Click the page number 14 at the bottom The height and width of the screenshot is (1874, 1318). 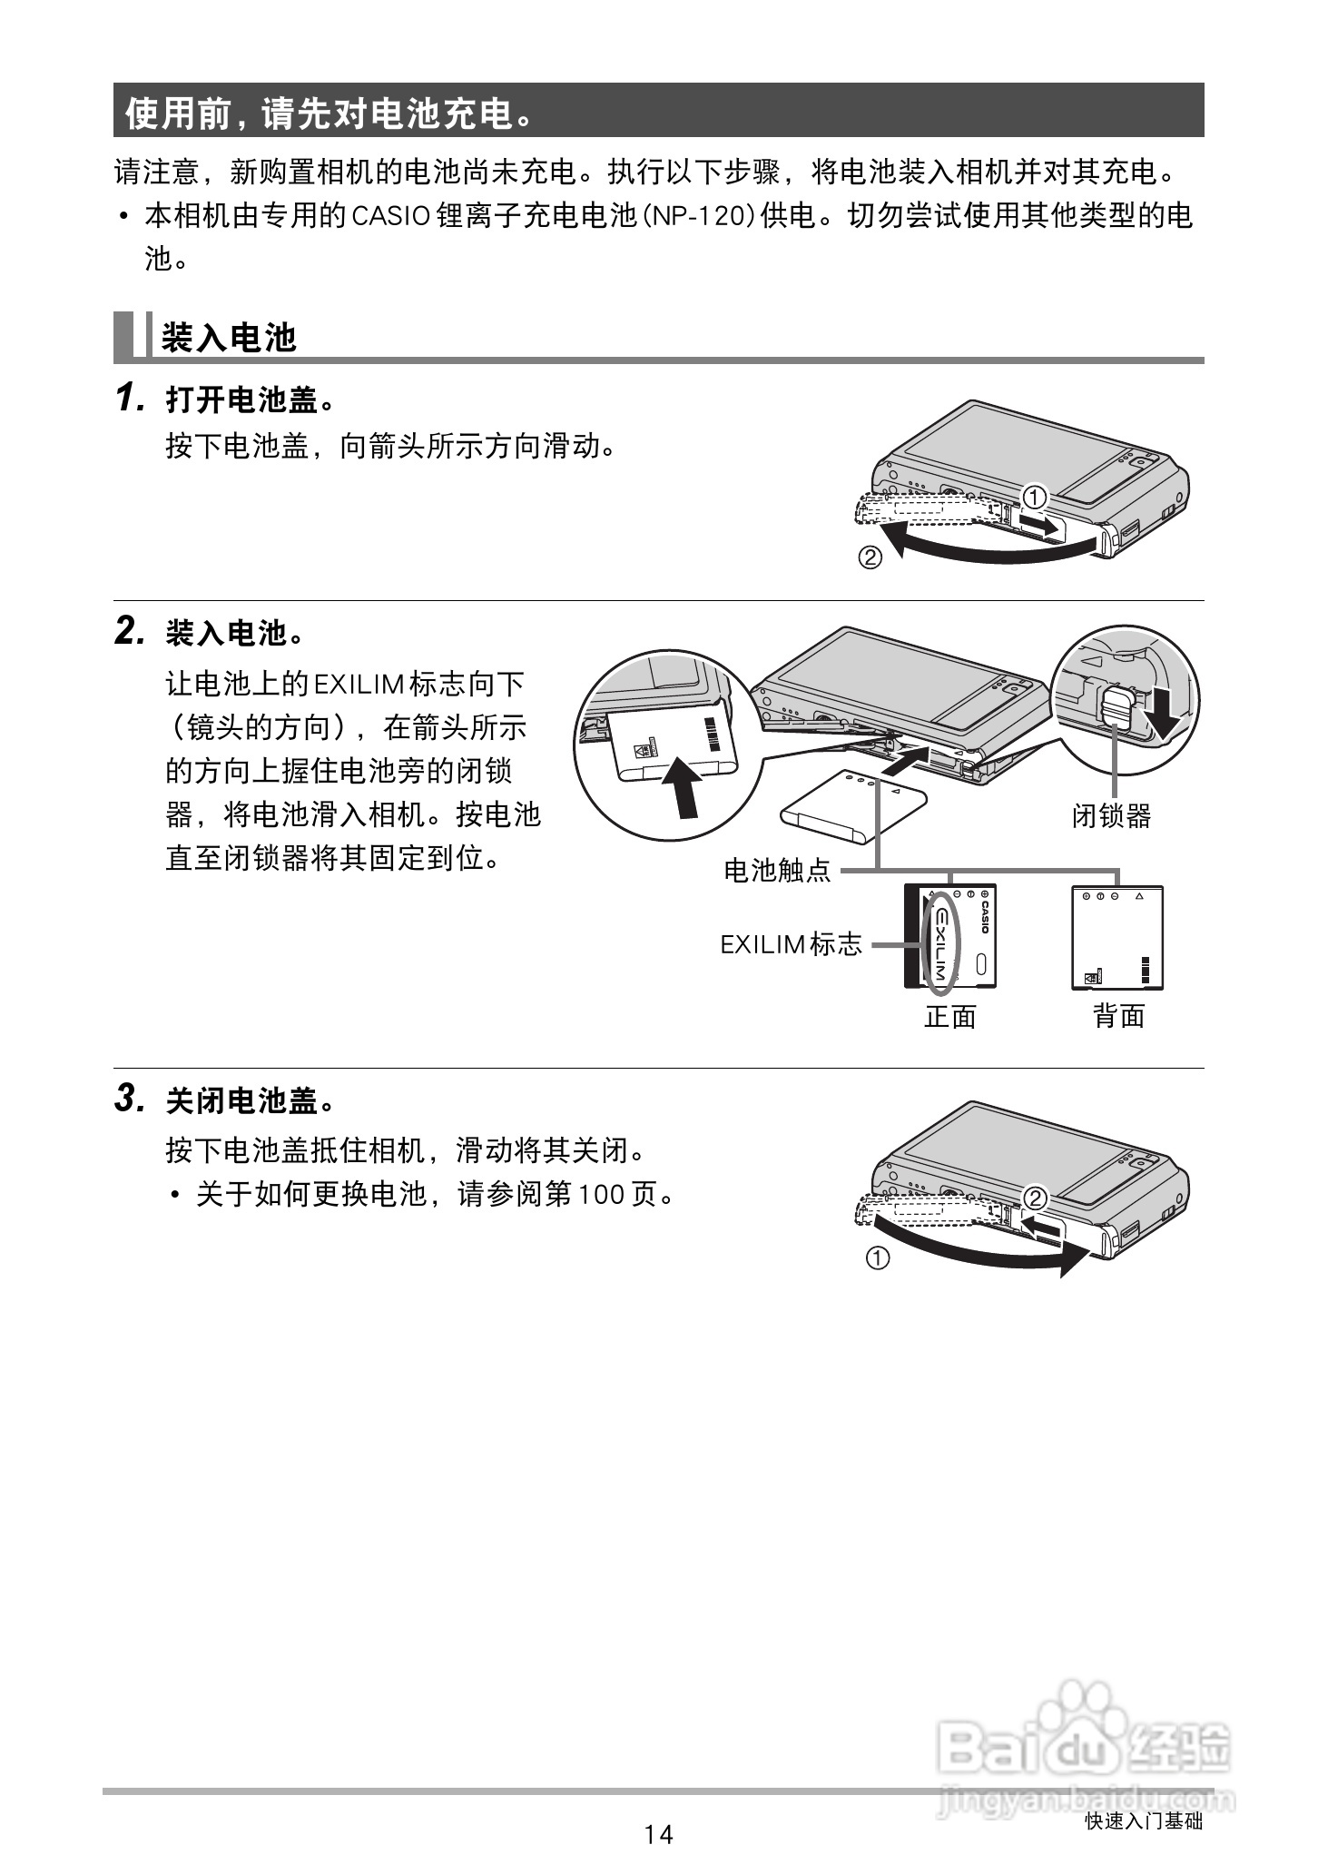(x=659, y=1834)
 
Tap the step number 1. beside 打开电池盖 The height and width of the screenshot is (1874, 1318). (x=131, y=399)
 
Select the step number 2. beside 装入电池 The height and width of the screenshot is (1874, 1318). (x=131, y=632)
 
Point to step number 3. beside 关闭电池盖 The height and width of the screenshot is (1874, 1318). (x=131, y=1100)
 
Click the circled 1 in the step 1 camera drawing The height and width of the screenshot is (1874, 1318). (x=1034, y=497)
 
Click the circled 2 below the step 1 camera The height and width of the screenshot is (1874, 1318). (x=870, y=557)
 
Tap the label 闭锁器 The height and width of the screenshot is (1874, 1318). (x=1111, y=815)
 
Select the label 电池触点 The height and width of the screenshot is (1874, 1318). (x=778, y=872)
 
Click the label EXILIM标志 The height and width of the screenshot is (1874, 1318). (x=791, y=944)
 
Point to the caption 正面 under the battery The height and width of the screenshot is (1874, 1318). (x=950, y=1016)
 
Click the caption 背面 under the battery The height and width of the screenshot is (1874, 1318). (x=1118, y=1016)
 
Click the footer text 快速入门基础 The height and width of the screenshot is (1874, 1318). (x=1144, y=1821)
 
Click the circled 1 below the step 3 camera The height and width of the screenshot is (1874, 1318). (x=877, y=1258)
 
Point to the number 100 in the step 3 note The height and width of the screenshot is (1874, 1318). (x=599, y=1195)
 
